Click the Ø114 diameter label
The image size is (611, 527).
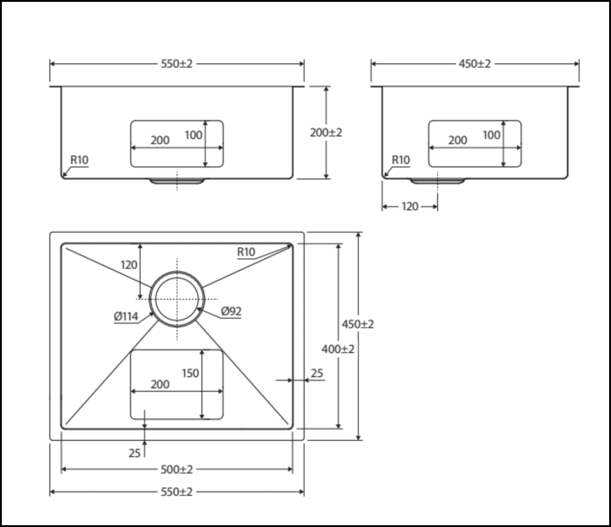click(126, 317)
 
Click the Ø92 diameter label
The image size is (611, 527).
click(231, 311)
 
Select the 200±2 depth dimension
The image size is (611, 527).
click(326, 133)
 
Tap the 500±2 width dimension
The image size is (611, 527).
click(177, 470)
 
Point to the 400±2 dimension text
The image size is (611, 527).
click(338, 349)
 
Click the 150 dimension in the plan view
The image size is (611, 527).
click(190, 374)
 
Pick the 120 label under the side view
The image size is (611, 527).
click(410, 207)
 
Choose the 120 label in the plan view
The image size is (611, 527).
click(129, 265)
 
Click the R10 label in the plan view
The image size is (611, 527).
click(246, 252)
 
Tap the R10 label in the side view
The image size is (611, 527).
click(401, 160)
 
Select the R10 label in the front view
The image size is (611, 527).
click(79, 160)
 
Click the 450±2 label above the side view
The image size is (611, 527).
click(475, 64)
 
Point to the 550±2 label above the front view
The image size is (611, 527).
click(177, 64)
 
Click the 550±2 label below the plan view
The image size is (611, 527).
click(177, 492)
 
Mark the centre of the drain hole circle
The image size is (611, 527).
click(177, 299)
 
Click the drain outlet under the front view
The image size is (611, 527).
click(177, 181)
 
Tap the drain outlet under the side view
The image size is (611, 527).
click(437, 181)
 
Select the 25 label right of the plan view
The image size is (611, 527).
click(316, 374)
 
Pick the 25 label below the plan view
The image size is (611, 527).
click(134, 453)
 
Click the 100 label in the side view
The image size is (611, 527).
click(492, 135)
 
